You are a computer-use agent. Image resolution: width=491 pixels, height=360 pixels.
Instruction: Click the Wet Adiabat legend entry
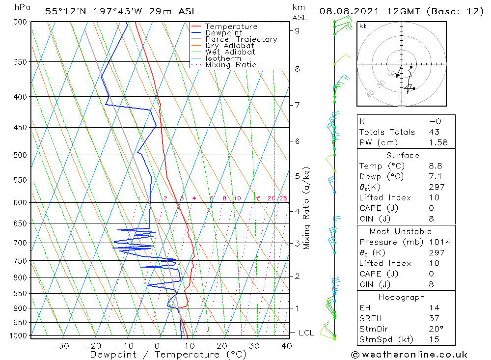pyautogui.click(x=230, y=52)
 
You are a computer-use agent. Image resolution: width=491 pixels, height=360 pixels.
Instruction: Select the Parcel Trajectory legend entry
pyautogui.click(x=241, y=39)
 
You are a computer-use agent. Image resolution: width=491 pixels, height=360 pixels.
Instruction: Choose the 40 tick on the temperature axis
pyautogui.click(x=287, y=345)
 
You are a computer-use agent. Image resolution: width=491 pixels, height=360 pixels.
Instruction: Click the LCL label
pyautogui.click(x=306, y=333)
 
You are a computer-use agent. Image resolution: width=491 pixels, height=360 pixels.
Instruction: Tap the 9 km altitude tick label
pyautogui.click(x=298, y=30)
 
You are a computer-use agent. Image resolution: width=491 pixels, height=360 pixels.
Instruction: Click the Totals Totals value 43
pyautogui.click(x=435, y=132)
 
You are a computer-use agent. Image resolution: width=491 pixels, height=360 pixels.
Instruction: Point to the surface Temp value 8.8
pyautogui.click(x=435, y=166)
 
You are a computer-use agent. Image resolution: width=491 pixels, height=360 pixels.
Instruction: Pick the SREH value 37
pyautogui.click(x=434, y=318)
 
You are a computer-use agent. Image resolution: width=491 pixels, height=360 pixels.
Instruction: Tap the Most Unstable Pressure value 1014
pyautogui.click(x=439, y=242)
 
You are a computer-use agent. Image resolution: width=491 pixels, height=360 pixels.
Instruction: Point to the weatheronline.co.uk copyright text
pyautogui.click(x=409, y=354)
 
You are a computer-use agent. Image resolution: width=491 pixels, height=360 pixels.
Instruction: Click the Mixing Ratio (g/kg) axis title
pyautogui.click(x=307, y=208)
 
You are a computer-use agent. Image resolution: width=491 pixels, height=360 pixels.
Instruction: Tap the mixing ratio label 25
pyautogui.click(x=283, y=198)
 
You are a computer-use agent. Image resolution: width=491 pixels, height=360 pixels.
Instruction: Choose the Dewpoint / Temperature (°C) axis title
pyautogui.click(x=168, y=354)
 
